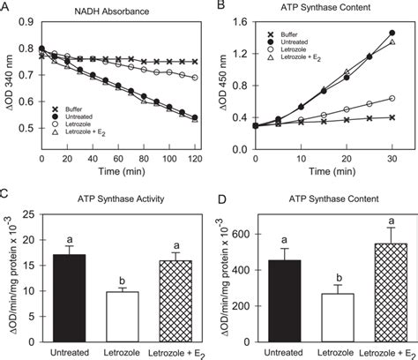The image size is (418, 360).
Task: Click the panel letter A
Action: coord(6,8)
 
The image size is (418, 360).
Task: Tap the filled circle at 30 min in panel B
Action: coord(392,33)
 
